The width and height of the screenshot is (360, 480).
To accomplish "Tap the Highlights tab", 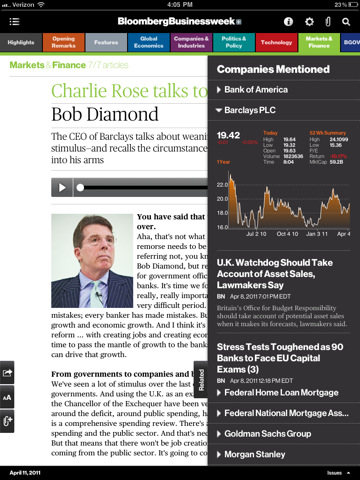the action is (x=20, y=43).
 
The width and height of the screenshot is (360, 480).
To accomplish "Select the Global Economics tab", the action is (x=147, y=43).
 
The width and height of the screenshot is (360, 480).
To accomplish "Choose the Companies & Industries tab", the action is (x=190, y=43).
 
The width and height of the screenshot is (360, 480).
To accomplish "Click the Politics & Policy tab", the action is (x=232, y=43).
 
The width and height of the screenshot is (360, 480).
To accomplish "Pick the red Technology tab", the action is (x=275, y=43).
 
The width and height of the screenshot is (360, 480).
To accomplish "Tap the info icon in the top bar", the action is (x=289, y=20).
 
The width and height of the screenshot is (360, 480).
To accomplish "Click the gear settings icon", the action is (x=309, y=20).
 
